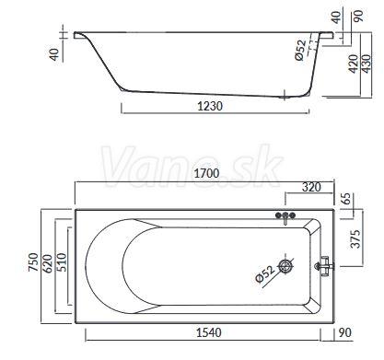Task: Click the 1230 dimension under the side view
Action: click(x=210, y=106)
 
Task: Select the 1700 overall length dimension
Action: click(x=206, y=173)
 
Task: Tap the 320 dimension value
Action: click(x=311, y=187)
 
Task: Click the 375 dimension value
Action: click(x=355, y=238)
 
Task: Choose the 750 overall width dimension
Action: click(x=33, y=261)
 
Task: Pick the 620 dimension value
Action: click(x=48, y=263)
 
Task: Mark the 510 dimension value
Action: click(x=62, y=261)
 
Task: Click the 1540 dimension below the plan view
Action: click(x=209, y=332)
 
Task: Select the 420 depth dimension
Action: click(x=354, y=64)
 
